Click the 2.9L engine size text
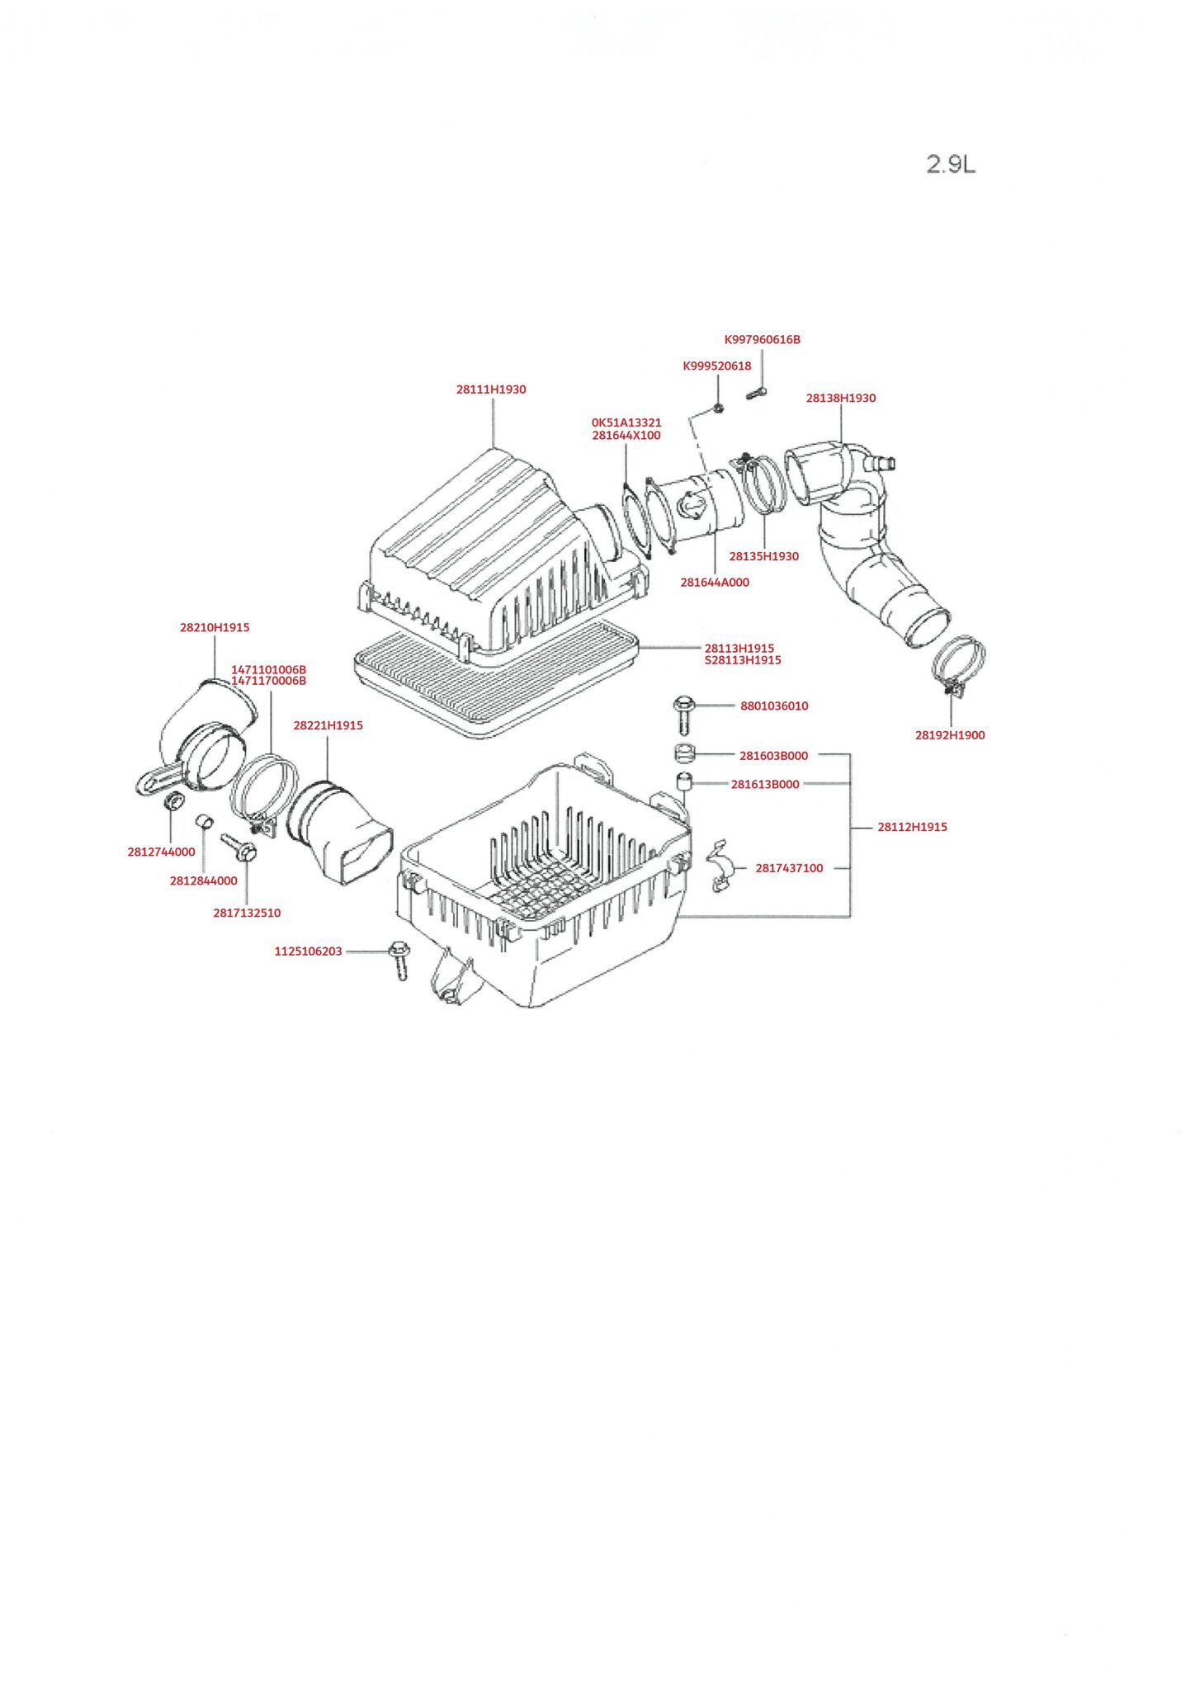(x=951, y=164)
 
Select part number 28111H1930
(x=491, y=389)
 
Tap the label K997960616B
(x=762, y=340)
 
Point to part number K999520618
(x=716, y=366)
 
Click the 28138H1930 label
(x=840, y=399)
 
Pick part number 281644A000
(x=715, y=583)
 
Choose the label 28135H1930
(x=763, y=556)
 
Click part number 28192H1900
(x=949, y=735)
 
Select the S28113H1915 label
(x=742, y=660)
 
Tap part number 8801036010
(x=773, y=706)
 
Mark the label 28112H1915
(x=912, y=827)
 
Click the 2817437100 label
(x=789, y=868)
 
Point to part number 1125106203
(x=308, y=951)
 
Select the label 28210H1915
(x=215, y=628)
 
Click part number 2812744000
(x=161, y=852)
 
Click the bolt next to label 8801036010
(x=683, y=714)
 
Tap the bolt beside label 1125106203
(x=399, y=959)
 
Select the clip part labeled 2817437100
(x=720, y=868)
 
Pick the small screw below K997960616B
(x=757, y=394)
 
